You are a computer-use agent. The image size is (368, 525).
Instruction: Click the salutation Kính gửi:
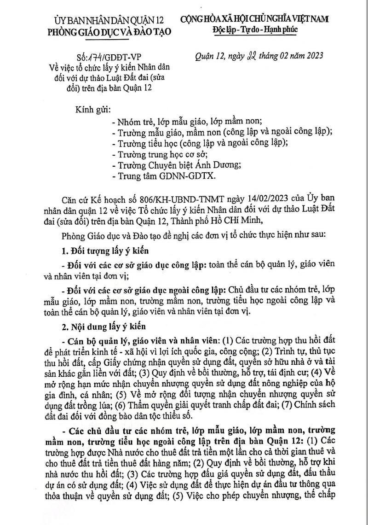(93, 111)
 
